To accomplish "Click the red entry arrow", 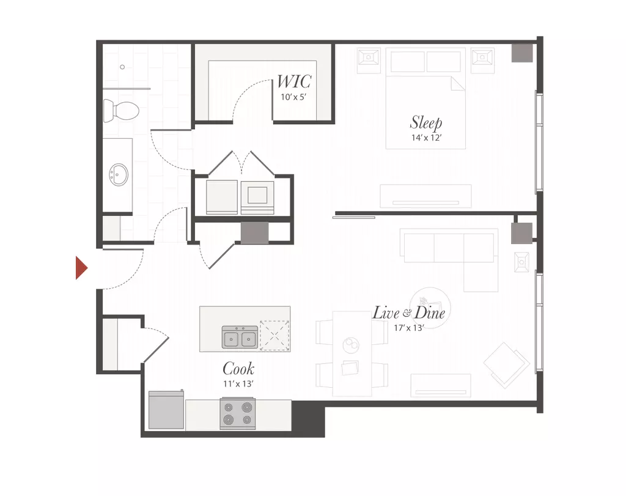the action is [x=81, y=267].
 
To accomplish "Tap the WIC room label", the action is [x=294, y=82].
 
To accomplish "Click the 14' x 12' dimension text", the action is [x=426, y=138].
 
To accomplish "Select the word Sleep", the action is [x=426, y=122].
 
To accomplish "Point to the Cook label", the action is [x=238, y=369].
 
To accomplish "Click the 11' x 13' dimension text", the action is [x=238, y=384].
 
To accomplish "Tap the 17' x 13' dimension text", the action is [x=408, y=328].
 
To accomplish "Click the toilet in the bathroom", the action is [x=121, y=111].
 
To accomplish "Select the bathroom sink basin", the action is [x=119, y=174].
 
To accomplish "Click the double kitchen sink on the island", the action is [x=240, y=337].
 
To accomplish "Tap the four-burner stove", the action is [x=238, y=413].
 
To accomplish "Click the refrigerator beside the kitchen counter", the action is [x=166, y=410].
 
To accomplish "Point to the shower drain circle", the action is [x=122, y=67].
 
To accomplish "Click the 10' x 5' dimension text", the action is [x=293, y=97].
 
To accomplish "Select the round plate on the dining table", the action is [x=352, y=345].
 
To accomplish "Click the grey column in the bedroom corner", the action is [x=522, y=53].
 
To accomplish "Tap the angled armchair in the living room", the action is [x=506, y=365].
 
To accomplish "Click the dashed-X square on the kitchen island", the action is [x=274, y=336].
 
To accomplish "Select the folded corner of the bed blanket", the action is [x=458, y=83].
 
